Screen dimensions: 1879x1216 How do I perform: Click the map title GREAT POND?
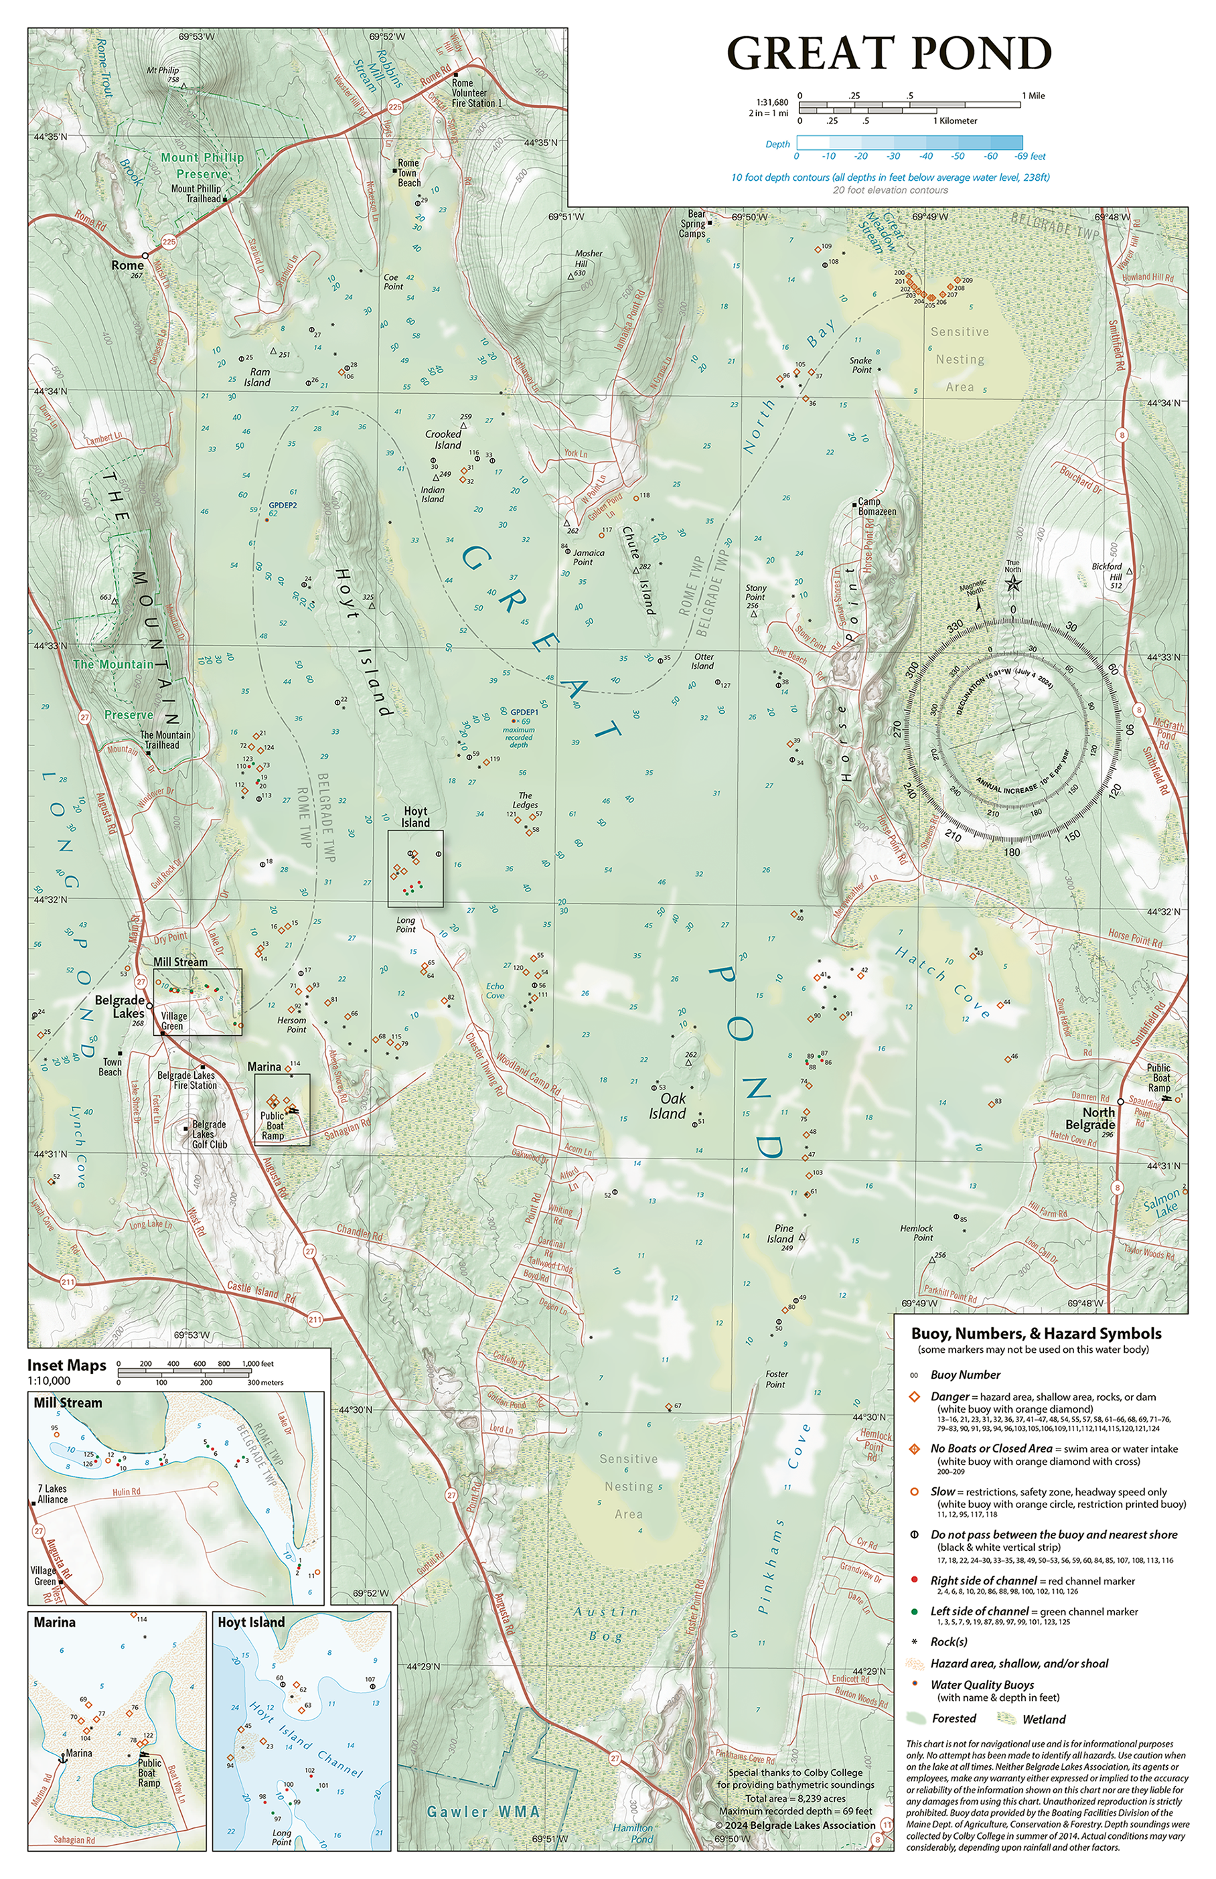(x=889, y=53)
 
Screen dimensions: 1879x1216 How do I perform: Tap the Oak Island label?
(x=667, y=1106)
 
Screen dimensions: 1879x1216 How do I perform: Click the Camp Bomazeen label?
(x=877, y=507)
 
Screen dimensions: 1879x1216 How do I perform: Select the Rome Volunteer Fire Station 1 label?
(x=477, y=93)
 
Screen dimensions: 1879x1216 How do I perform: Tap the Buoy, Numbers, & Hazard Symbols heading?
(x=1036, y=1333)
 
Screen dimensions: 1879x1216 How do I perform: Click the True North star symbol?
(x=1012, y=583)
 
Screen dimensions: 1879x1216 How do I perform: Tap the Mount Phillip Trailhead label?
(x=196, y=194)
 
